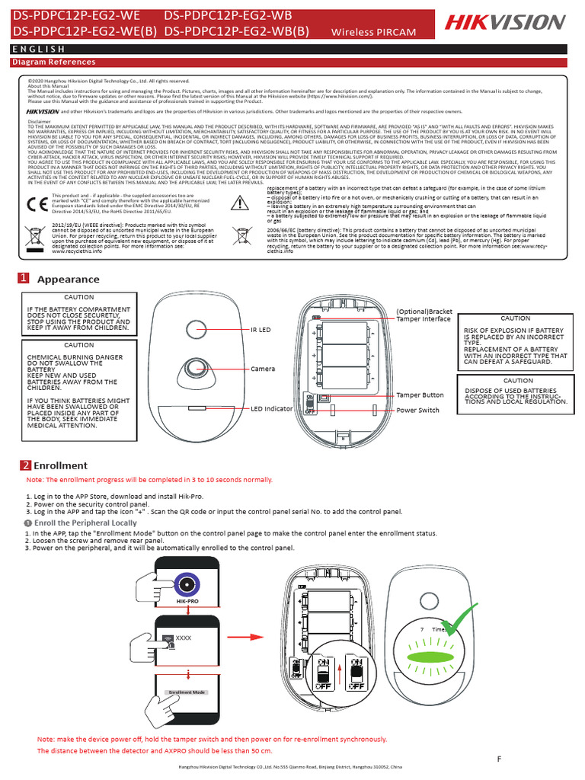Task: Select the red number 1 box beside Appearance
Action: pyautogui.click(x=24, y=279)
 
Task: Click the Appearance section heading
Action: pyautogui.click(x=68, y=280)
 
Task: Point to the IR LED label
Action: pyautogui.click(x=261, y=330)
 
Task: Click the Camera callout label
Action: pyautogui.click(x=263, y=369)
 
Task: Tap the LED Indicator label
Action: pyautogui.click(x=272, y=409)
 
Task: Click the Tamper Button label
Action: pyautogui.click(x=420, y=395)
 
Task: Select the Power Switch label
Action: pyautogui.click(x=418, y=410)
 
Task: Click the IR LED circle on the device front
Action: pyautogui.click(x=197, y=331)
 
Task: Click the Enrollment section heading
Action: pyautogui.click(x=60, y=465)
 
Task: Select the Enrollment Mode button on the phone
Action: pyautogui.click(x=187, y=692)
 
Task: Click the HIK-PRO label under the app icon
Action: pyautogui.click(x=187, y=601)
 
